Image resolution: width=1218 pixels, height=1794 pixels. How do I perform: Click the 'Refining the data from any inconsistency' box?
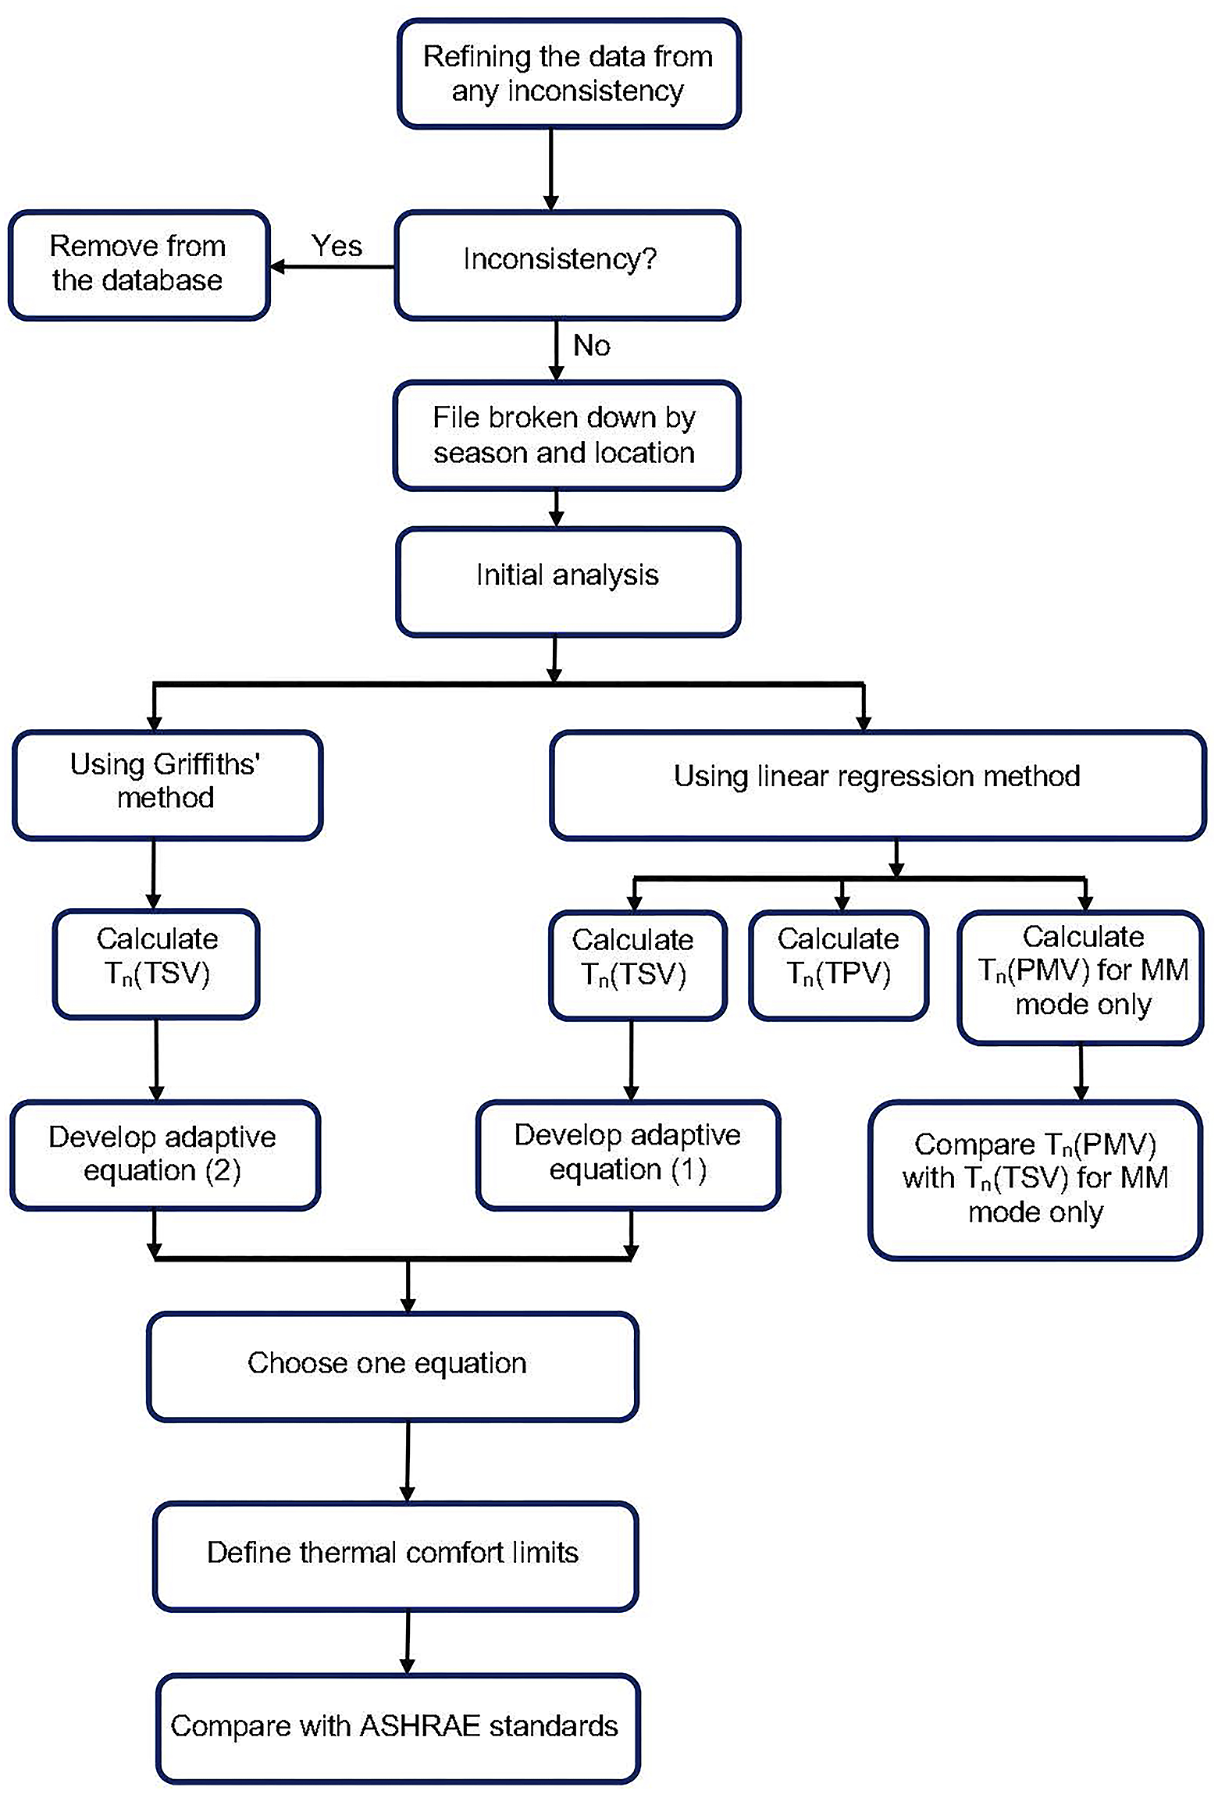tap(568, 74)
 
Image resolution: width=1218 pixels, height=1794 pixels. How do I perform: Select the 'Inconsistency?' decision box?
tap(568, 265)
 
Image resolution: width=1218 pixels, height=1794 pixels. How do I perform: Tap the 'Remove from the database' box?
tap(139, 265)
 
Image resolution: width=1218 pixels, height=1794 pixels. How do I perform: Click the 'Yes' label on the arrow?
tap(337, 246)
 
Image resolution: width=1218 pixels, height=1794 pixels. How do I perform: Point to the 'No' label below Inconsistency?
tap(591, 345)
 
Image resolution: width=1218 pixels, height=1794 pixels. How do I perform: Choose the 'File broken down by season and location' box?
tap(567, 436)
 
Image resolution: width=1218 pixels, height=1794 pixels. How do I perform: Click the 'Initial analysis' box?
tap(568, 582)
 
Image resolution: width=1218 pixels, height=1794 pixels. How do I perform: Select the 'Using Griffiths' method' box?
tap(167, 785)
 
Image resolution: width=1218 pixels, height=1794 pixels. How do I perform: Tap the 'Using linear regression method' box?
tap(878, 785)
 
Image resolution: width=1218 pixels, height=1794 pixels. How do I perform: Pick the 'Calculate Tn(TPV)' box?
tap(839, 965)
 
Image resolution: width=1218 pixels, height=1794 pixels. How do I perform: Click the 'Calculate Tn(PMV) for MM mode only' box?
tap(1081, 977)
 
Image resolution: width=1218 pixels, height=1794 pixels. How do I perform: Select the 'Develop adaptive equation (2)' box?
tap(165, 1155)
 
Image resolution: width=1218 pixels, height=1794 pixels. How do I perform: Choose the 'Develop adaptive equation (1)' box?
tap(628, 1155)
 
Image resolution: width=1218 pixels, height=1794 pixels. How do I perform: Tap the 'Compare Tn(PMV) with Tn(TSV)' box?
tap(1035, 1180)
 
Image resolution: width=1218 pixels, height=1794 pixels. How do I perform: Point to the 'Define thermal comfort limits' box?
tap(396, 1557)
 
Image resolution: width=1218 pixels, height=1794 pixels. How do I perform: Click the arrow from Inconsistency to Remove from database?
tap(333, 267)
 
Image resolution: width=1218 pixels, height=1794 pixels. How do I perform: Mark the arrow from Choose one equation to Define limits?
tap(408, 1461)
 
